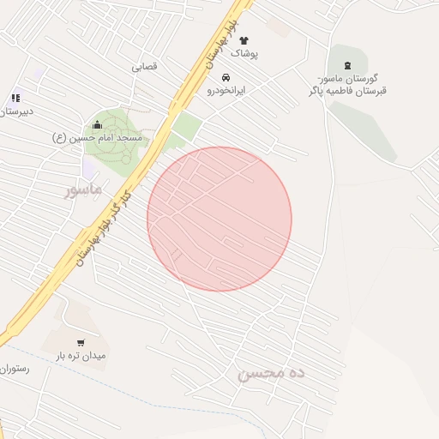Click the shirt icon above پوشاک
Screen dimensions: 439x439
[244, 40]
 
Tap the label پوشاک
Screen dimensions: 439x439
[244, 53]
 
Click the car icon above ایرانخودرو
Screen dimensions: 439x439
[226, 77]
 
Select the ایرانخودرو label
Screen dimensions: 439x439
[226, 90]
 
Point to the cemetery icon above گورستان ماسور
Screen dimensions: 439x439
[347, 65]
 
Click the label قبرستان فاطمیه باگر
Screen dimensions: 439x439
[347, 90]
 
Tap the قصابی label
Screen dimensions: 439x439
[145, 66]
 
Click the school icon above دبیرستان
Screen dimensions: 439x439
[15, 99]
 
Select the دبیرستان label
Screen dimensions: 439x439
[18, 111]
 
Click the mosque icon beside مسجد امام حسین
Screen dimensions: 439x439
[97, 125]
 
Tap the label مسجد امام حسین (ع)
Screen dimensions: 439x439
[101, 137]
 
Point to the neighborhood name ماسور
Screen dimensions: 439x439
[83, 188]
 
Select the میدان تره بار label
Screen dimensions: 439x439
[81, 356]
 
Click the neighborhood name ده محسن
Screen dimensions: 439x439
[272, 374]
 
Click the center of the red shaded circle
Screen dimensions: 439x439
[219, 219]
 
